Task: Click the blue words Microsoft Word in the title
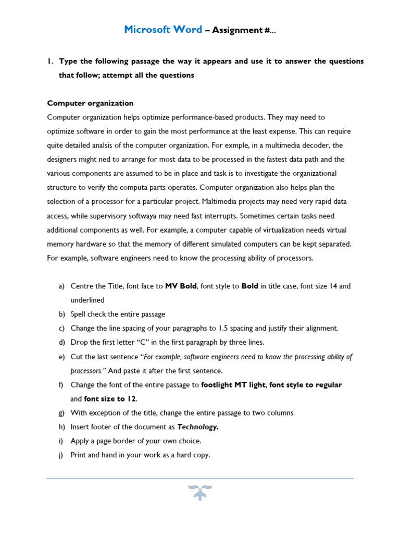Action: click(x=163, y=30)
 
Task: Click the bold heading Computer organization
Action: click(x=90, y=103)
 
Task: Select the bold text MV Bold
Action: click(x=181, y=286)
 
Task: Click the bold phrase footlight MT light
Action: click(x=234, y=385)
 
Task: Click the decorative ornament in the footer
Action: click(x=200, y=492)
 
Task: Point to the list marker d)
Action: click(x=62, y=343)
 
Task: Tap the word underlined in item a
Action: click(x=87, y=300)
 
